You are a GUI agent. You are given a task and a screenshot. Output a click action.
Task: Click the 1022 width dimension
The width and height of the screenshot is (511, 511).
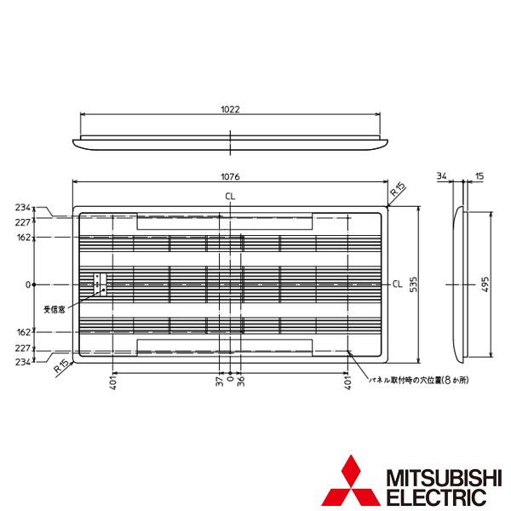(x=230, y=109)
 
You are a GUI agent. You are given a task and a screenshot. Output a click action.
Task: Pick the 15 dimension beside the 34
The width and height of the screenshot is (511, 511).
(x=479, y=176)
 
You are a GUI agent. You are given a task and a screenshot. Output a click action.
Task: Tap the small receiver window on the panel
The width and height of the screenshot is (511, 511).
(x=100, y=284)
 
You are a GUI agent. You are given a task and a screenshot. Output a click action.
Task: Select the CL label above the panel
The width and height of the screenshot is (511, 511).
(x=231, y=197)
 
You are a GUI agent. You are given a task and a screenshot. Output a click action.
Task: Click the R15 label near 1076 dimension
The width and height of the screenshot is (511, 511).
(x=397, y=193)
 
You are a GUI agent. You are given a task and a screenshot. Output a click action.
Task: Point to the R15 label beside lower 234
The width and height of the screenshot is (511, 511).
(x=59, y=369)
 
